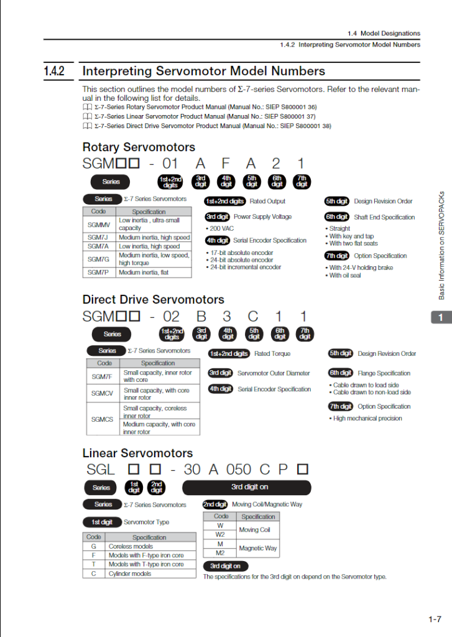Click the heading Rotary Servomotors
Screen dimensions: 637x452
[x=139, y=147]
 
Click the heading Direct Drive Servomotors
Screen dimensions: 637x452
[x=153, y=299]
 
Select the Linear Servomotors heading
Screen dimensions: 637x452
[x=137, y=453]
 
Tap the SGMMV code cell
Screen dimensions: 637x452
[x=98, y=224]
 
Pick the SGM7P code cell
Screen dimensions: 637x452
[x=98, y=272]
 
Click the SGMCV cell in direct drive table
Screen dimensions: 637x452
[x=102, y=393]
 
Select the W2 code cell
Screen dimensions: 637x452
[x=220, y=534]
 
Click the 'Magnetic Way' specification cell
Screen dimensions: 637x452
[x=258, y=548]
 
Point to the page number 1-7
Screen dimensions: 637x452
[x=435, y=619]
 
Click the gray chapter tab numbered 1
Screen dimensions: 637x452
[x=440, y=318]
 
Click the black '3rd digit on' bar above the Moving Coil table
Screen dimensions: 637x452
[x=246, y=487]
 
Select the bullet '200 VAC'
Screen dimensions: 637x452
[x=221, y=228]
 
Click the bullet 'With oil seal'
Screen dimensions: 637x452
[x=346, y=276]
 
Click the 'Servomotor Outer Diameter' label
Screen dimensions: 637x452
[x=273, y=373]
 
